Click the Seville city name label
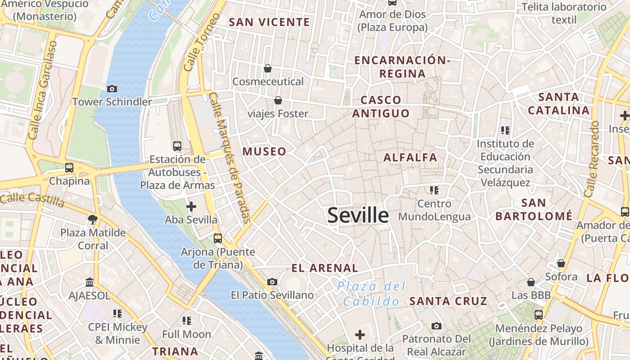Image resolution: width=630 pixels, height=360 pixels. tap(358, 216)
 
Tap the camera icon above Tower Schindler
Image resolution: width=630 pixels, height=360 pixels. tap(112, 89)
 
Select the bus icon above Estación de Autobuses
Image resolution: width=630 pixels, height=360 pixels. tap(177, 146)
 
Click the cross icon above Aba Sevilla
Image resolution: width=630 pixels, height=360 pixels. tap(191, 207)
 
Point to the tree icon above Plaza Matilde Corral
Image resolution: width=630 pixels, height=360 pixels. tap(93, 220)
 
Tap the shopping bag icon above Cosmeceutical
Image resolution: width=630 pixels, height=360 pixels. tap(268, 68)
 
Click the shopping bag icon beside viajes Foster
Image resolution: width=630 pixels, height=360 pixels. tap(278, 100)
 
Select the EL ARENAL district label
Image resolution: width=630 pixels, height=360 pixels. tap(324, 268)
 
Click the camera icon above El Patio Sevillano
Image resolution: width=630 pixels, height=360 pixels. tap(272, 282)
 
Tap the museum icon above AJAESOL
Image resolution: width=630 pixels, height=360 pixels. tap(89, 283)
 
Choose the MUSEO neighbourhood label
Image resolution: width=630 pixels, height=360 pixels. tap(264, 152)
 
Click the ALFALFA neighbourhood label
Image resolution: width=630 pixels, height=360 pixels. tap(410, 157)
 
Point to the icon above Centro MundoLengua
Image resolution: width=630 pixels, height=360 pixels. tap(434, 190)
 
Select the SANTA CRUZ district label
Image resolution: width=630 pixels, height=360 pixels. tap(448, 301)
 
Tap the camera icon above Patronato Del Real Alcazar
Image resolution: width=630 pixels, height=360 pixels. tap(436, 326)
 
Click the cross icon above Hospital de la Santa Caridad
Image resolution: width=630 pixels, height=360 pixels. tap(360, 335)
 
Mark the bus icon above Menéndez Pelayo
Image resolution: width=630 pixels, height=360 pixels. tap(539, 315)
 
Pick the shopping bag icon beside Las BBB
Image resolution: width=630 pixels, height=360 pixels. tap(531, 282)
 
